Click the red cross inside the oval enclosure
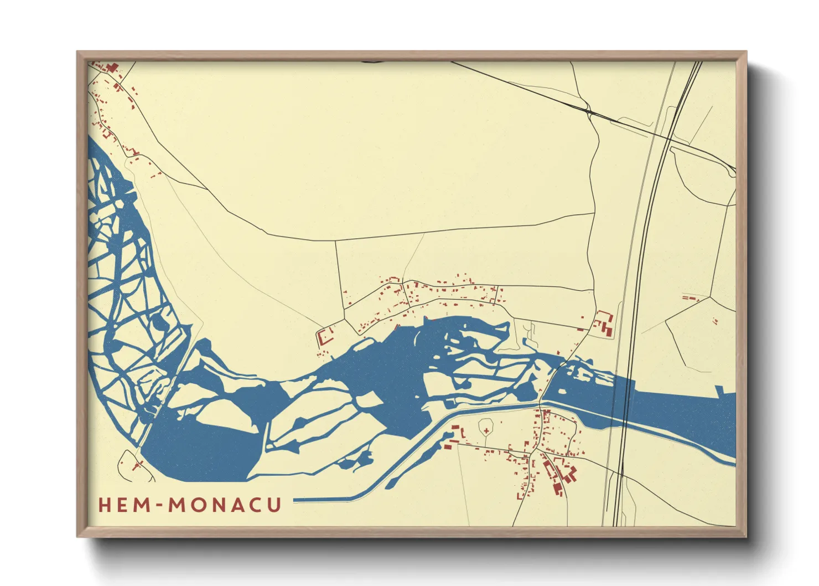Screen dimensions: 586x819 tap(486, 430)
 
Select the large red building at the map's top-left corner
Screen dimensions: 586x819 tap(112, 68)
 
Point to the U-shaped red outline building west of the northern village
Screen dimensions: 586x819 tap(324, 335)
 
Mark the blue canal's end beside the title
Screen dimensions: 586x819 tap(296, 500)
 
